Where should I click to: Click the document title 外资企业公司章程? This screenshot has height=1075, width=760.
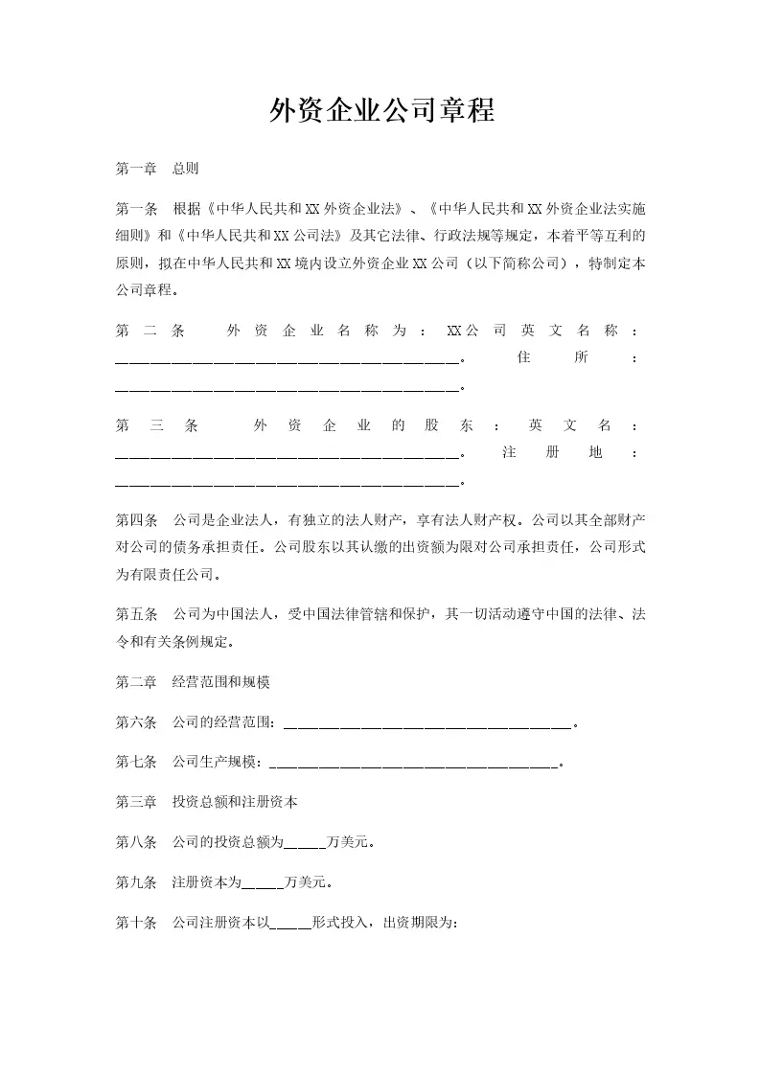(x=380, y=111)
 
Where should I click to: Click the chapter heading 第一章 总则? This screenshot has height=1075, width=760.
(x=157, y=169)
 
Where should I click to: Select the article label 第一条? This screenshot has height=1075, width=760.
(x=135, y=208)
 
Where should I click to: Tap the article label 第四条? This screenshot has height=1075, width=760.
(x=135, y=521)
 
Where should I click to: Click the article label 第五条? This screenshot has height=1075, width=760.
(x=135, y=615)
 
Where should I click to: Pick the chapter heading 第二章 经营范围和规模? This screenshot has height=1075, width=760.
(x=193, y=682)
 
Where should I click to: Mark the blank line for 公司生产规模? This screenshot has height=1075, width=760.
(x=413, y=766)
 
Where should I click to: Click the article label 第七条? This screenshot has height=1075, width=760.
(x=135, y=763)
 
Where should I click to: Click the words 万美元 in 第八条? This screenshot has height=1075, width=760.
(x=349, y=844)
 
